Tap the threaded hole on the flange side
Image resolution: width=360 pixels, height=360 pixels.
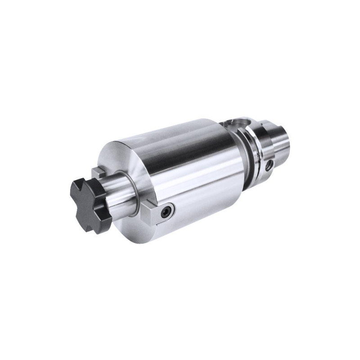(x=270, y=164)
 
